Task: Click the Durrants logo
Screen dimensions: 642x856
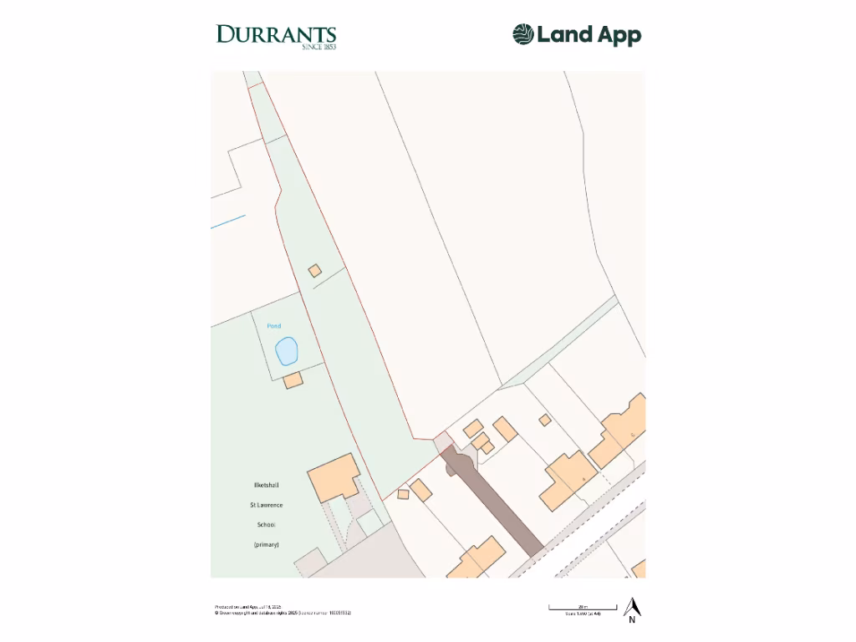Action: [x=276, y=36]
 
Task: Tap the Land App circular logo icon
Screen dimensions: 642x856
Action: [x=522, y=34]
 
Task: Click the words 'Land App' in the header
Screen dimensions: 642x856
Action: [x=588, y=35]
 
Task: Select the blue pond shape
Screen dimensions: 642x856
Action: [x=287, y=351]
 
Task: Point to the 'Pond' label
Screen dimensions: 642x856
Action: [x=274, y=326]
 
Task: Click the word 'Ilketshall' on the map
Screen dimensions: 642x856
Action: [x=267, y=485]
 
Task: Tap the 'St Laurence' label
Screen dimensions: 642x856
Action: [x=267, y=505]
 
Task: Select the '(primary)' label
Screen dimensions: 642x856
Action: [x=266, y=545]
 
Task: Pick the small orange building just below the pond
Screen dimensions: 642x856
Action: [x=293, y=380]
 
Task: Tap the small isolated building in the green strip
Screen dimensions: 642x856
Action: [x=314, y=270]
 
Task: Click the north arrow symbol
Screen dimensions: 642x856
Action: [x=633, y=607]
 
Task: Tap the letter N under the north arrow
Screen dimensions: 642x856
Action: [x=633, y=620]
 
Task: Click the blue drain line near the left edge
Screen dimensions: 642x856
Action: [x=228, y=222]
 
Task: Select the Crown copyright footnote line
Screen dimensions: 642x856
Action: [x=283, y=613]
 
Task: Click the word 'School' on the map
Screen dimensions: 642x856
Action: [x=267, y=525]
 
